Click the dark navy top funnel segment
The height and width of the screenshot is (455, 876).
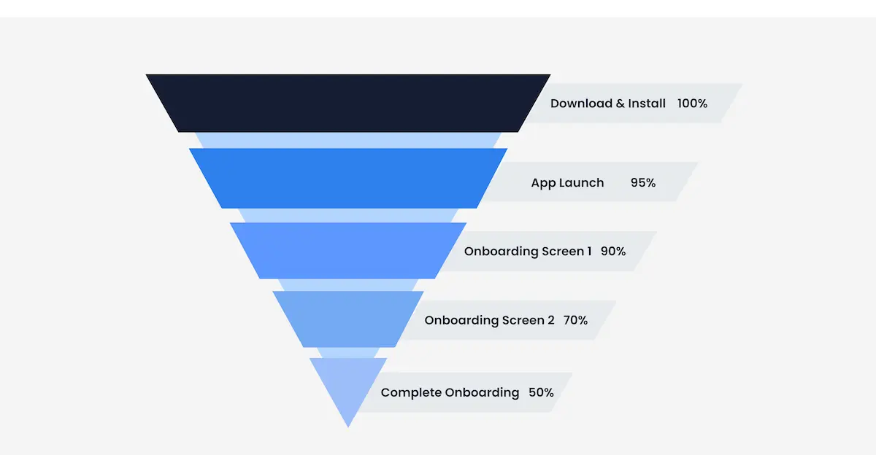(348, 103)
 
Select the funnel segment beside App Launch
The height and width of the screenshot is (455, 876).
(348, 179)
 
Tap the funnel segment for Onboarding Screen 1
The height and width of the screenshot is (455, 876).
(348, 250)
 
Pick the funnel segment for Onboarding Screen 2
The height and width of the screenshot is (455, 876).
(348, 319)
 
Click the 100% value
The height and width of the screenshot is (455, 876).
(692, 104)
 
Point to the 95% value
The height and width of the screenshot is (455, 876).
(643, 183)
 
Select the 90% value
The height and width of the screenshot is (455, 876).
(613, 252)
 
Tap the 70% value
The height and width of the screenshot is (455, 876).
(575, 320)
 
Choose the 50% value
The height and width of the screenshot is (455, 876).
(541, 392)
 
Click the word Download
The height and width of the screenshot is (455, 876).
(581, 104)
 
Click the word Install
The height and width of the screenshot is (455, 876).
(648, 104)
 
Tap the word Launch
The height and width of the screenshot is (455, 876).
(581, 183)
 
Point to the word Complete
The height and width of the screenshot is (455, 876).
(410, 392)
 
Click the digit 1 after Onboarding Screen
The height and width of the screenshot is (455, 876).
(589, 252)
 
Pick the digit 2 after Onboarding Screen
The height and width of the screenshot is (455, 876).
(550, 320)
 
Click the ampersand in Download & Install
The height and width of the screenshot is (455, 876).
(620, 104)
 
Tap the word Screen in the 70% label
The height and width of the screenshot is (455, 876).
(522, 320)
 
